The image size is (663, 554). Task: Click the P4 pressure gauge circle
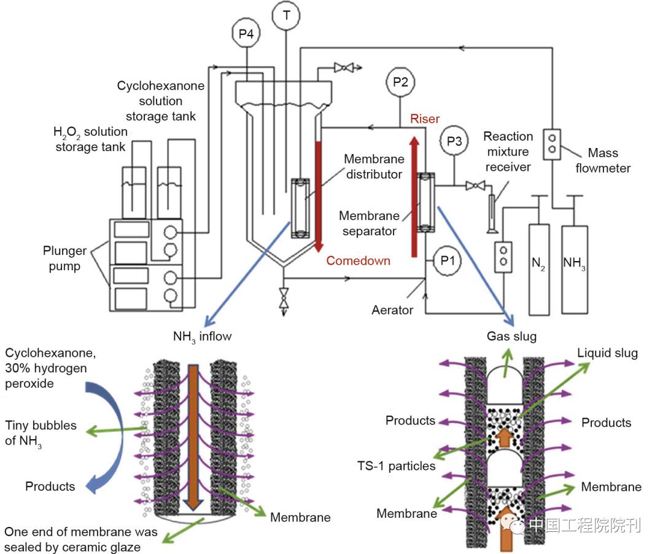[246, 34]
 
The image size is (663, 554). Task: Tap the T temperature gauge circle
[287, 15]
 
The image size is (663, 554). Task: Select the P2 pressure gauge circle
[401, 82]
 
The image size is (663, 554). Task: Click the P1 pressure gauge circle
[448, 260]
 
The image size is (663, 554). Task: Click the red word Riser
[425, 119]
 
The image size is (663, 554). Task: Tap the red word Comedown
[358, 260]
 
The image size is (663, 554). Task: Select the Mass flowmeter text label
[602, 160]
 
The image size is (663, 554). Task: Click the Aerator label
[392, 310]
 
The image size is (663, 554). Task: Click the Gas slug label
[511, 336]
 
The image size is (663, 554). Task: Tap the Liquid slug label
[607, 353]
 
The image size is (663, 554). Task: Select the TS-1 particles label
[396, 466]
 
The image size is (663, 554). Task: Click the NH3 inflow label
[201, 336]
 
